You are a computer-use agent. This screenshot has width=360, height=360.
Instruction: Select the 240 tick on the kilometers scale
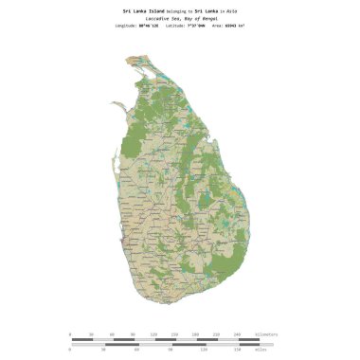(x=237, y=334)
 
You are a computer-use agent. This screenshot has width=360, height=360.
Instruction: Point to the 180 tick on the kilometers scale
(x=195, y=334)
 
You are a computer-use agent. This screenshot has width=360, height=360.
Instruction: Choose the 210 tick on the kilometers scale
(x=216, y=334)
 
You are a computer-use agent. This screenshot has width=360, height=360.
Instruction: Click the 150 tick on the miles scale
(x=237, y=351)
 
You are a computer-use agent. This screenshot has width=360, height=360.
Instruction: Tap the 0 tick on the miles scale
(x=70, y=351)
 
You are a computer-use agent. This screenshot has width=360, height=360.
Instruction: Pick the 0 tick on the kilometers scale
(x=70, y=334)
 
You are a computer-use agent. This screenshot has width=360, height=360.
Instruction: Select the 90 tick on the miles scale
(x=171, y=351)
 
